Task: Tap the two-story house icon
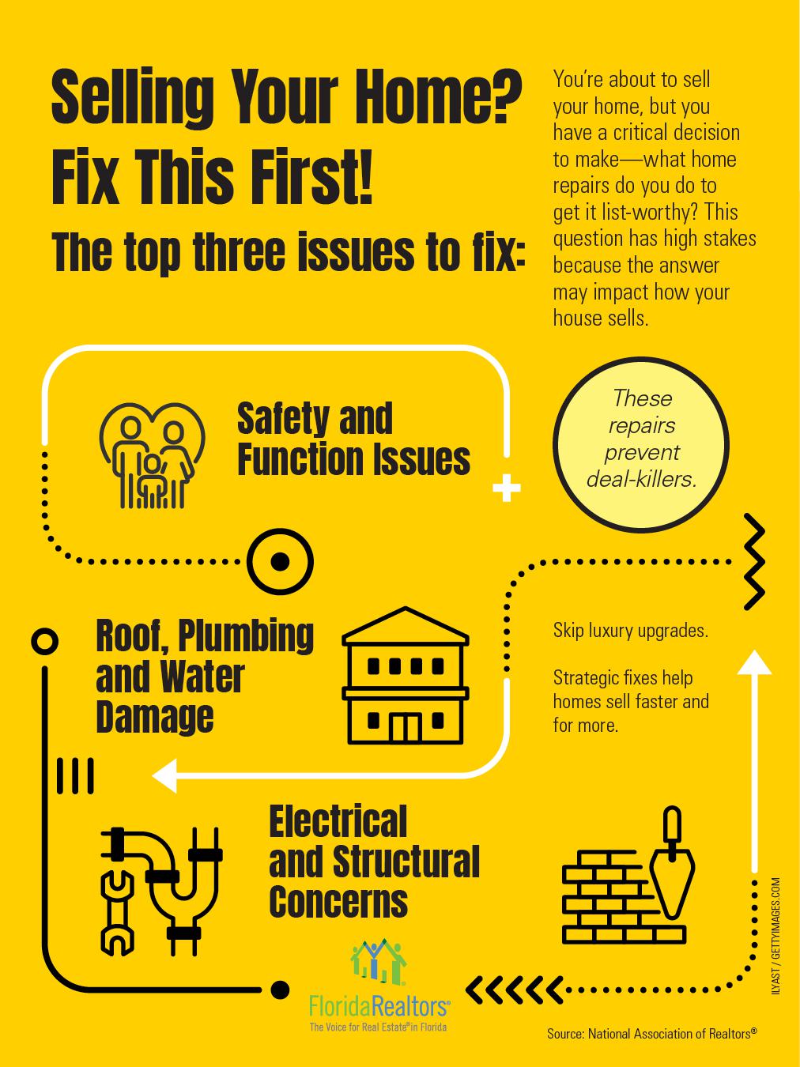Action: pos(406,677)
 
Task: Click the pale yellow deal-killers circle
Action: pos(641,447)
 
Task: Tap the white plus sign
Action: pos(507,489)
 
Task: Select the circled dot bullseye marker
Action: pos(280,562)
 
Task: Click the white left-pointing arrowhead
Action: pos(165,775)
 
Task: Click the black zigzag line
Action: pos(755,562)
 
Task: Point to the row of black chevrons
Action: pos(515,988)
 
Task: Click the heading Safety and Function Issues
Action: pos(353,439)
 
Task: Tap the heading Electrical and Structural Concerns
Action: pos(373,862)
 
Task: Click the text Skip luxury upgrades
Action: pos(630,631)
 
